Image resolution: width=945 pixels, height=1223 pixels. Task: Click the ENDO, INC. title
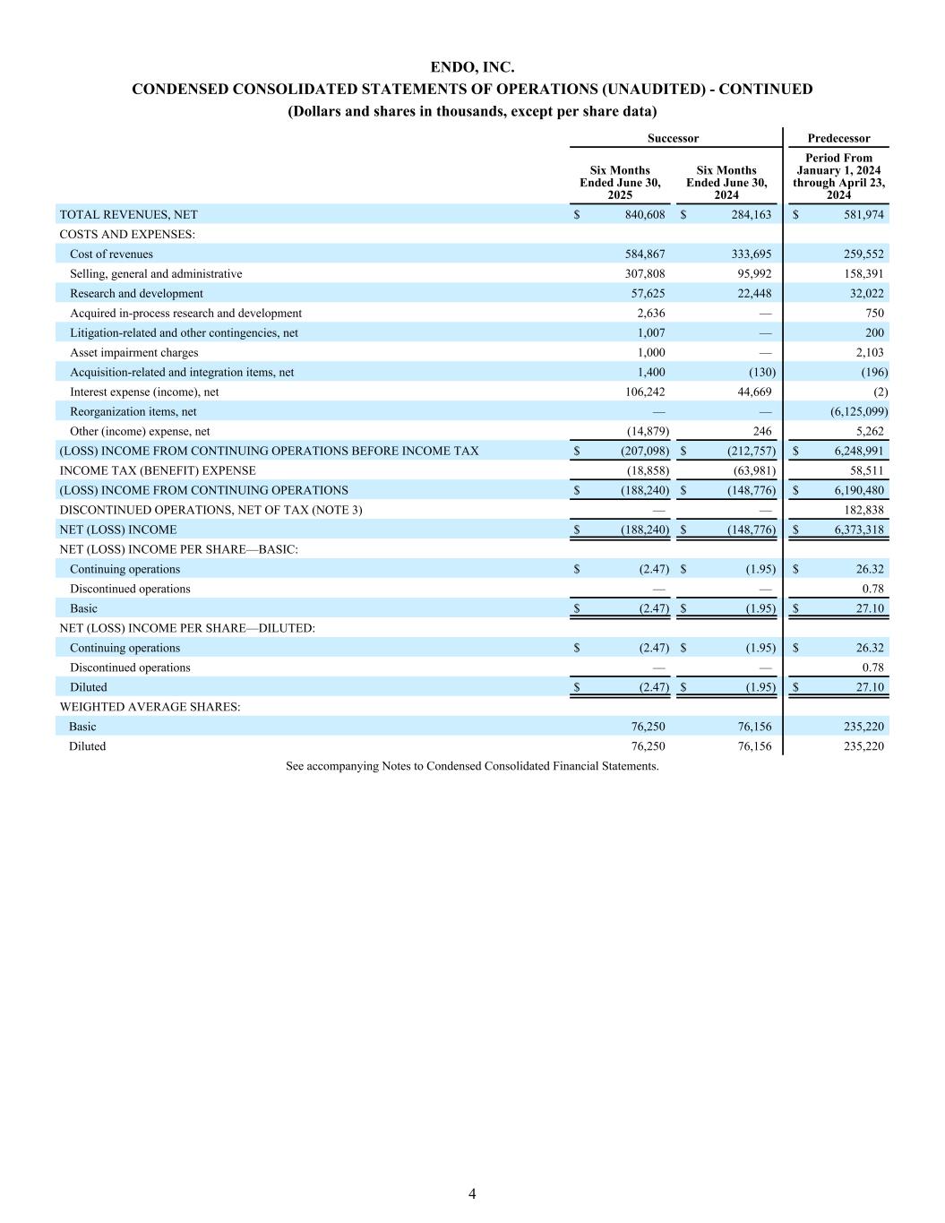click(x=472, y=67)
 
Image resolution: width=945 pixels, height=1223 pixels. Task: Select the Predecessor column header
click(x=838, y=138)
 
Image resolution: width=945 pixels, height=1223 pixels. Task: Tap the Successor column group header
click(x=673, y=138)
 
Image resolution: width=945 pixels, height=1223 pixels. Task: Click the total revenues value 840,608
click(x=645, y=215)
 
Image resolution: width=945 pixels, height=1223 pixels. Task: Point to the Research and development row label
click(x=136, y=294)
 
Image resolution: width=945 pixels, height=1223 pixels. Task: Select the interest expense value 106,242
click(x=645, y=392)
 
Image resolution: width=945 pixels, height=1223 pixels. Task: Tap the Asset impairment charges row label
click(x=133, y=353)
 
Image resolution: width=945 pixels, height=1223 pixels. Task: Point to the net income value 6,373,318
click(x=859, y=530)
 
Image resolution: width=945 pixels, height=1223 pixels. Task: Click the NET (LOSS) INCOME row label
click(x=117, y=530)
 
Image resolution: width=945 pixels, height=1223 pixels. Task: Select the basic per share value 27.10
click(x=869, y=609)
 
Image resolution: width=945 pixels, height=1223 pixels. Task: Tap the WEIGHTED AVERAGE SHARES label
click(x=150, y=707)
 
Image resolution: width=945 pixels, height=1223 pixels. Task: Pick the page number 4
click(x=472, y=1193)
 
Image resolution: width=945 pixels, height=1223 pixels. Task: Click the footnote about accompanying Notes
click(x=472, y=766)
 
